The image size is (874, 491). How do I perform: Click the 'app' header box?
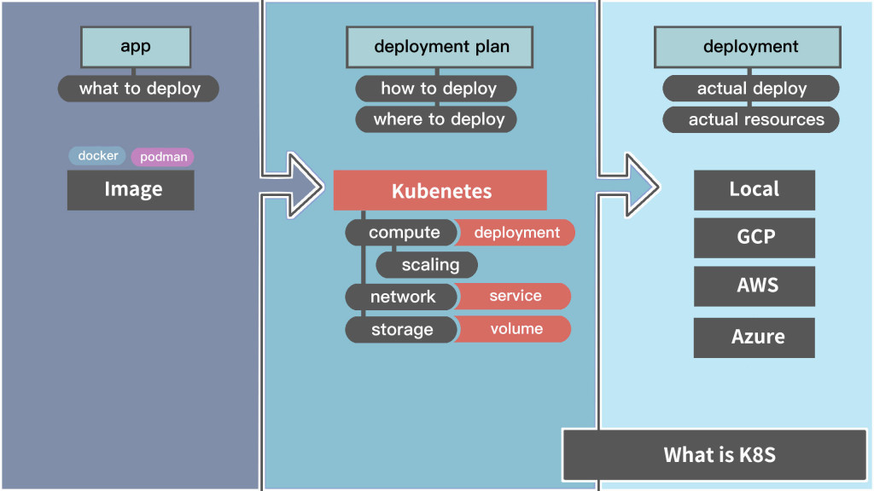pos(136,47)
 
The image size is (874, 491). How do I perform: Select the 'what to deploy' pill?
pos(139,89)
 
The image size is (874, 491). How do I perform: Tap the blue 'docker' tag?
pos(98,156)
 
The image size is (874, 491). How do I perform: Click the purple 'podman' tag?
pos(163,157)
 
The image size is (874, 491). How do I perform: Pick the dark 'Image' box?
pos(131,189)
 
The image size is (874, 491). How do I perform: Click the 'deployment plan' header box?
pos(441,47)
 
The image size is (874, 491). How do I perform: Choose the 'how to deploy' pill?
pos(437,89)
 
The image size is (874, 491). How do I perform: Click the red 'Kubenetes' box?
pos(440,190)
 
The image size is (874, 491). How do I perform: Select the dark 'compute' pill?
pos(402,233)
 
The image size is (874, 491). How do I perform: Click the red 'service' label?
pos(515,296)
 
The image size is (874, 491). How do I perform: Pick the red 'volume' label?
pos(516,329)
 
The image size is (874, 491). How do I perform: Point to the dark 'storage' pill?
pos(401,330)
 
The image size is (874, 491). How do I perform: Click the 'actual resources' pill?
pos(752,119)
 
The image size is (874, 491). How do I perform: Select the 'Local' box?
pos(754,189)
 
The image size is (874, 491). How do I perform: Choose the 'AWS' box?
pos(754,286)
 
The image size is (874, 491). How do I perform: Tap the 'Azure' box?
pos(754,337)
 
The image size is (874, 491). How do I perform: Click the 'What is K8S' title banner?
pos(719,454)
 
